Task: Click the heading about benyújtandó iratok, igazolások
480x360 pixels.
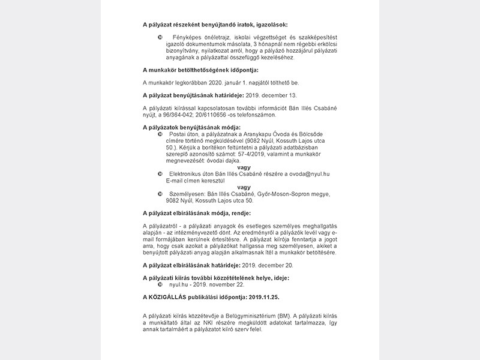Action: pyautogui.click(x=215, y=25)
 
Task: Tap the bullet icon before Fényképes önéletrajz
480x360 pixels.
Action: pyautogui.click(x=160, y=38)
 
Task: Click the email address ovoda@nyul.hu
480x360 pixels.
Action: pyautogui.click(x=309, y=174)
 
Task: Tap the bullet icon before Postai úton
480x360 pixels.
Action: pyautogui.click(x=160, y=134)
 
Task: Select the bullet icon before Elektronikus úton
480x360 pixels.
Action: pyautogui.click(x=160, y=174)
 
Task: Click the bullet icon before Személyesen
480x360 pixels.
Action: pyautogui.click(x=160, y=194)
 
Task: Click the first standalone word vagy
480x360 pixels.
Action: pyautogui.click(x=244, y=167)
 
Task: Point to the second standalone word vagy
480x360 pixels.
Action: pyautogui.click(x=244, y=187)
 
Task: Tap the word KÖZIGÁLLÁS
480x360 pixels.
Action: pyautogui.click(x=172, y=298)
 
